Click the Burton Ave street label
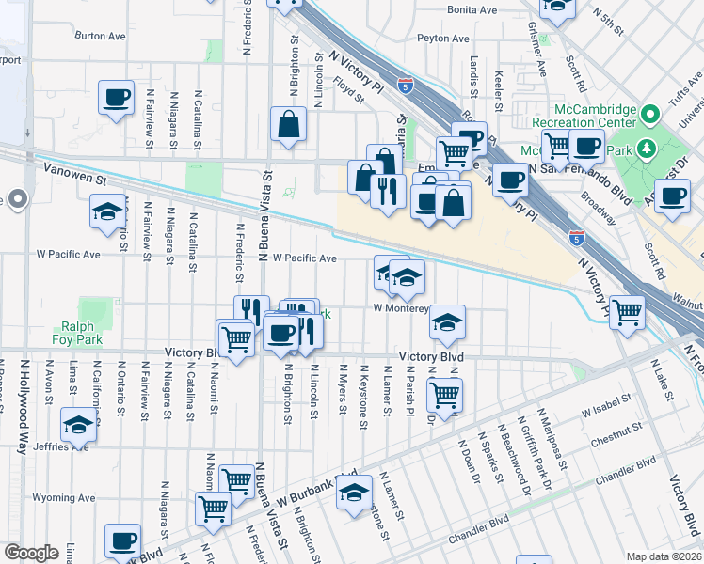pyautogui.click(x=100, y=37)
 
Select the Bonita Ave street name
pyautogui.click(x=472, y=9)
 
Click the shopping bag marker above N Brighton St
pyautogui.click(x=288, y=123)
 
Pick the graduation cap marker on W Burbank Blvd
pyautogui.click(x=354, y=492)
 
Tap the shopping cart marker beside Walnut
pyautogui.click(x=627, y=311)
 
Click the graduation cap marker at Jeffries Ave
pyautogui.click(x=79, y=423)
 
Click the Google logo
pyautogui.click(x=31, y=553)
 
